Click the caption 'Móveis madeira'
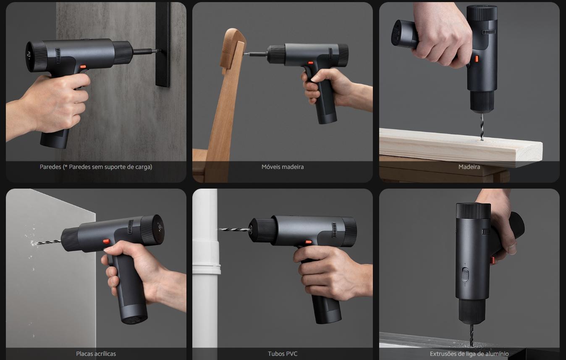[x=283, y=167]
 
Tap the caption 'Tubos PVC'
[x=283, y=354]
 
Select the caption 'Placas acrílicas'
[x=96, y=354]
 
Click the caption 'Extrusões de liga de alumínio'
[x=469, y=354]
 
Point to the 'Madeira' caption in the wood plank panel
[x=469, y=167]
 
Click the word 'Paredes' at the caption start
[x=50, y=167]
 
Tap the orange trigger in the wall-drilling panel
[x=83, y=67]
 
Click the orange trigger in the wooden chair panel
[x=311, y=63]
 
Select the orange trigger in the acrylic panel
[x=106, y=242]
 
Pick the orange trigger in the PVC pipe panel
[x=309, y=242]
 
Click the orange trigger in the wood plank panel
[x=476, y=59]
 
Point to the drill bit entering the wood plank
[x=482, y=126]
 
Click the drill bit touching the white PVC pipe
[x=234, y=229]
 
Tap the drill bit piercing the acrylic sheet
[x=48, y=243]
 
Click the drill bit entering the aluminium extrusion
[x=471, y=335]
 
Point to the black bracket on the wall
[x=163, y=45]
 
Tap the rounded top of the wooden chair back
[x=234, y=35]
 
